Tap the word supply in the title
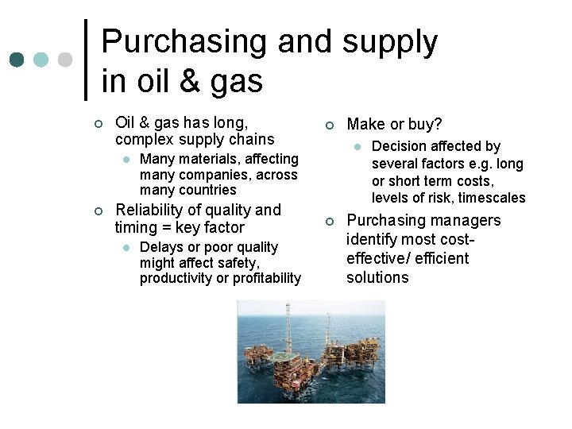[389, 43]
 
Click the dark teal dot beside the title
[17, 60]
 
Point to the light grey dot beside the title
[65, 60]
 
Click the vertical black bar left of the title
[86, 60]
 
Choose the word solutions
[377, 277]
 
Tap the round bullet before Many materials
[126, 160]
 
